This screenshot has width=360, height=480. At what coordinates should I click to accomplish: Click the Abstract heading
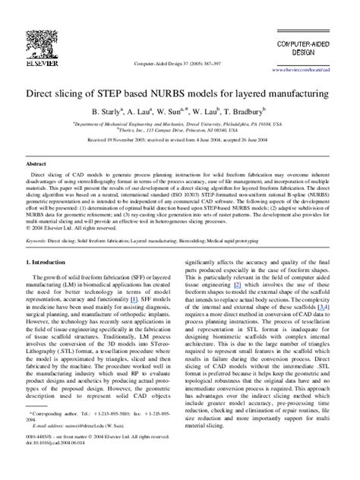point(36,164)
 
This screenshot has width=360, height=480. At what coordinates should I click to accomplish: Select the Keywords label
point(38,239)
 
